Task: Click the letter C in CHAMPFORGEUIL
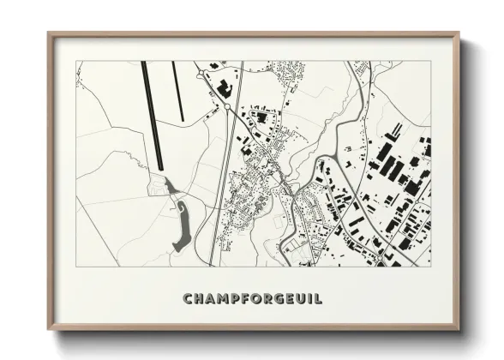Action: point(189,298)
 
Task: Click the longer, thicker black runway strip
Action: point(151,116)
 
